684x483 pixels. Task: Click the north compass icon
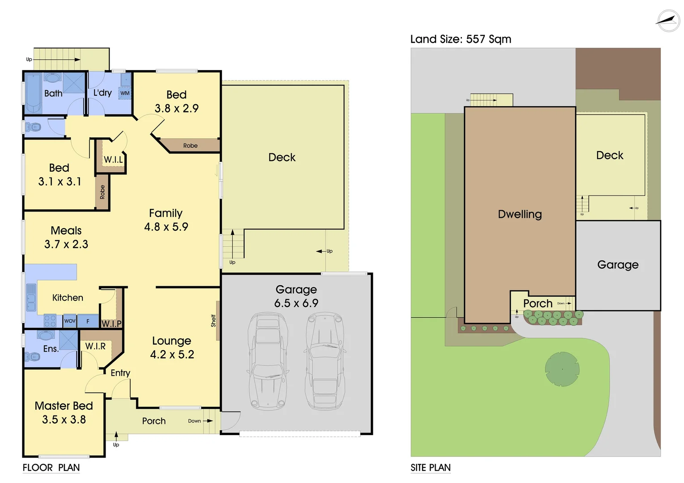(x=668, y=21)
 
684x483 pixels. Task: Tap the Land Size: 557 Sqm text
(x=461, y=39)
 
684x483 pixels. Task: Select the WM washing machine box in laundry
(x=125, y=93)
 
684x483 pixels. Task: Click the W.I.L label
(x=113, y=160)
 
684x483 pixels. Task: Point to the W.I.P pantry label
(x=111, y=323)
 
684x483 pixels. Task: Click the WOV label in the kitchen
(x=70, y=321)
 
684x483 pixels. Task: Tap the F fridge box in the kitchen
(x=88, y=321)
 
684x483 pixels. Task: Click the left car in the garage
(x=267, y=361)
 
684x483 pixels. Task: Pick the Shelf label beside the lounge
(x=214, y=321)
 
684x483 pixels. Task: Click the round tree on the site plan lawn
(x=562, y=369)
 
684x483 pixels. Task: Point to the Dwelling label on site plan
(x=520, y=214)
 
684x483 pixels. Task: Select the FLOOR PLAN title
(x=51, y=468)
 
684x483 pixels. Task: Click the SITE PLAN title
(x=431, y=468)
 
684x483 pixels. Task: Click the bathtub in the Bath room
(x=33, y=93)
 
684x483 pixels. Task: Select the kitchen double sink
(x=31, y=297)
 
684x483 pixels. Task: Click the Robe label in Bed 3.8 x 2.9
(x=190, y=146)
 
